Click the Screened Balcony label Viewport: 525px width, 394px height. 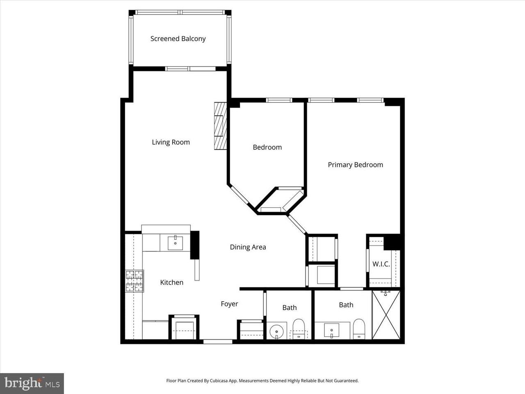point(178,39)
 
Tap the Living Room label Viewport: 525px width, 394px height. point(171,142)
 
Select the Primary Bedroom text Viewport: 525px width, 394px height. point(355,165)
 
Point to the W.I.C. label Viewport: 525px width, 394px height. point(381,264)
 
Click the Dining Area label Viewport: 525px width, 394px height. point(248,247)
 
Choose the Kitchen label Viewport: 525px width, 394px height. point(171,282)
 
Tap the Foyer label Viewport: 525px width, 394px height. point(229,304)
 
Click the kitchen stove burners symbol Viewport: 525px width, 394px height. point(135,281)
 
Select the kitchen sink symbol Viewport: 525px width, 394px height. point(176,243)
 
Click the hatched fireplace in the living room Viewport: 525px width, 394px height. point(220,126)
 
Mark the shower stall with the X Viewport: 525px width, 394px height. point(386,315)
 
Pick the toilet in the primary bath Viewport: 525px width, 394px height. point(359,328)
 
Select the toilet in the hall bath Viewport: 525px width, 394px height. point(299,329)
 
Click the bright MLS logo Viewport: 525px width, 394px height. point(32,383)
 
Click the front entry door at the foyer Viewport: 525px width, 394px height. point(218,341)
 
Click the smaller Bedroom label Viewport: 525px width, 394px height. point(267,147)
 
